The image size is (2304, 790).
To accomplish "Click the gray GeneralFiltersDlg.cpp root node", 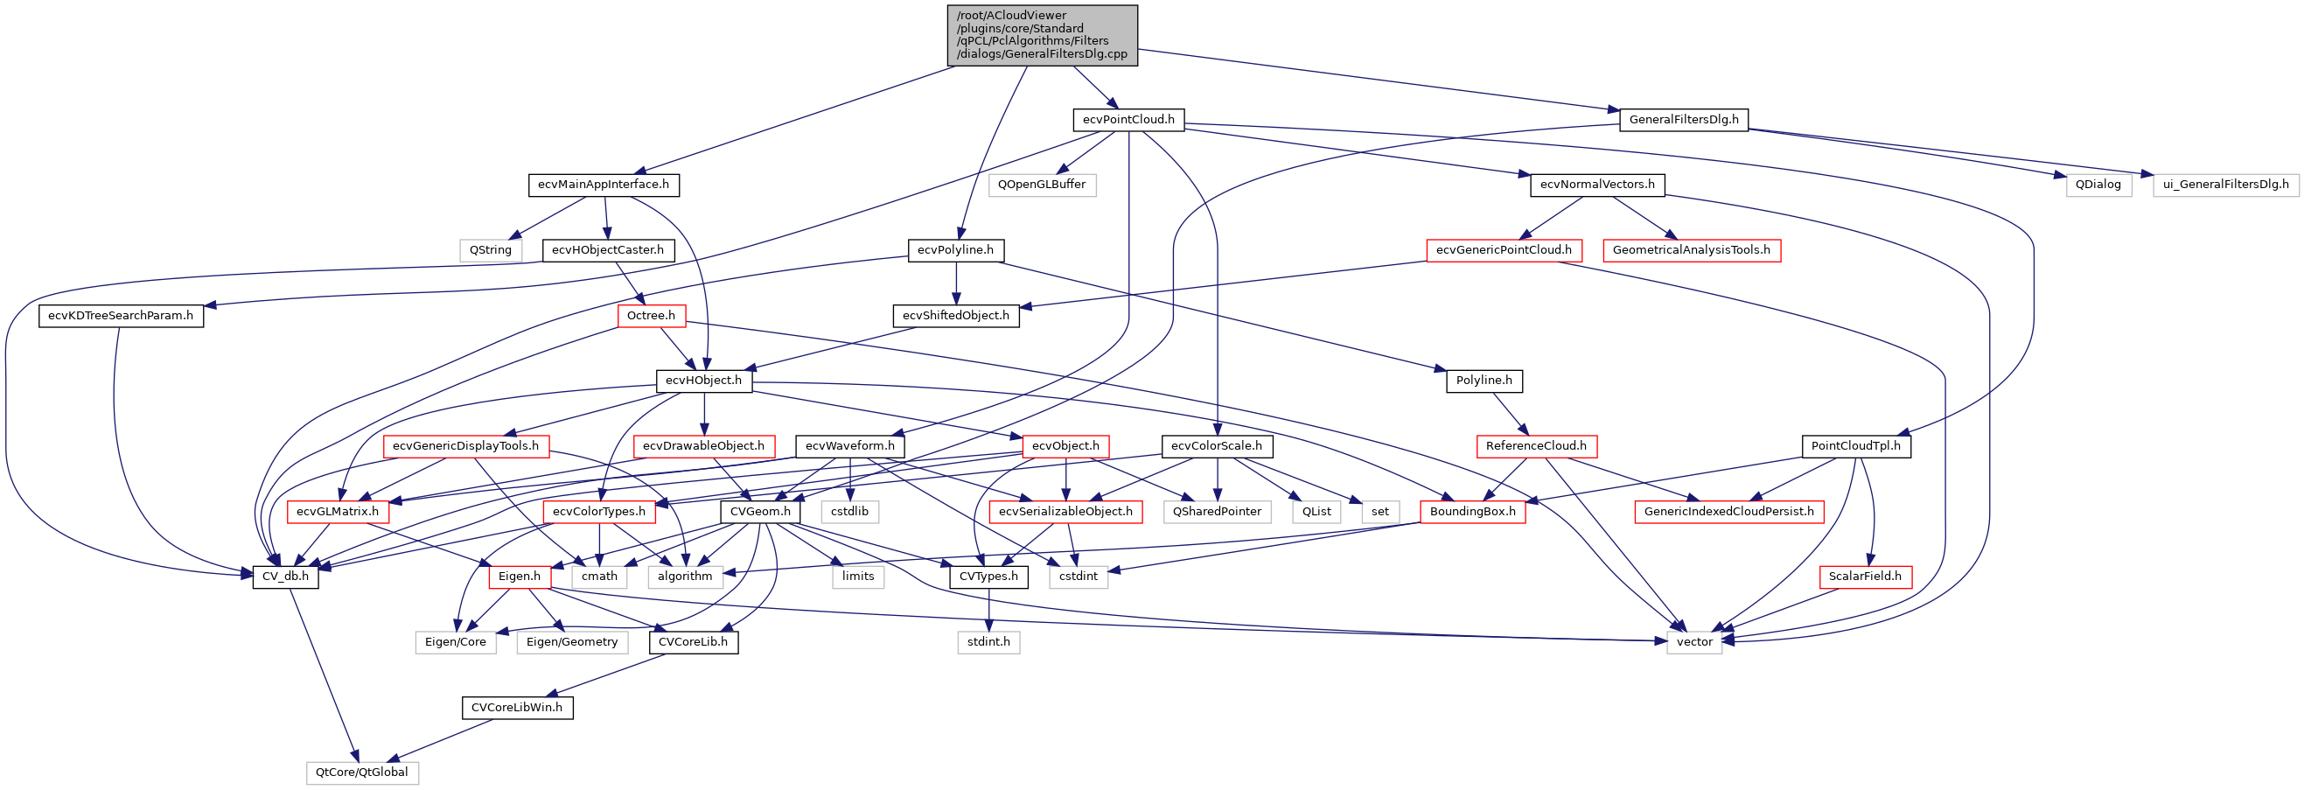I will [x=1042, y=35].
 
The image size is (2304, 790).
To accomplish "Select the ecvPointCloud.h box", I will [x=1128, y=120].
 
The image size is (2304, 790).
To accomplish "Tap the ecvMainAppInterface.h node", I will [x=604, y=185].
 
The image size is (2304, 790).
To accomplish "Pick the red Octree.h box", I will [x=651, y=316].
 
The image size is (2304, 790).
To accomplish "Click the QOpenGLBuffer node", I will [x=1041, y=185].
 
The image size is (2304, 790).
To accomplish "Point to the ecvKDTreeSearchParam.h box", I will [x=121, y=316].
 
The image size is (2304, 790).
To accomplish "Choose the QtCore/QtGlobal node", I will [x=361, y=773].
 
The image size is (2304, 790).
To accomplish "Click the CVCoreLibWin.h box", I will [x=517, y=708].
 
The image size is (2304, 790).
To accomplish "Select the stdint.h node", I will [x=988, y=642].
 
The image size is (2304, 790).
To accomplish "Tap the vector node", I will [x=1694, y=642].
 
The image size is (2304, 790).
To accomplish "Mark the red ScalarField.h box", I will [x=1865, y=577].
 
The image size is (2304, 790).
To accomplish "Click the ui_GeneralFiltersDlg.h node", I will [x=2225, y=185].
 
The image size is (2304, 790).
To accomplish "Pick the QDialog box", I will [x=2098, y=185].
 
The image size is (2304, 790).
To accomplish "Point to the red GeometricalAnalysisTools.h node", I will [x=1692, y=250].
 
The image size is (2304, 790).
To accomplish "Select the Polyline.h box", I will [x=1484, y=381].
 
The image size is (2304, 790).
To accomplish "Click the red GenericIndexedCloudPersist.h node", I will [x=1729, y=512].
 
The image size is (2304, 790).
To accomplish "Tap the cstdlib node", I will [x=848, y=512].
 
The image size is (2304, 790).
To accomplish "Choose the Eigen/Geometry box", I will [x=571, y=642].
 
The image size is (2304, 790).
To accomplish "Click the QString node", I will [x=490, y=250].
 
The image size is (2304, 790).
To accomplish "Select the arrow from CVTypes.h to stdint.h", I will [x=988, y=609].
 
